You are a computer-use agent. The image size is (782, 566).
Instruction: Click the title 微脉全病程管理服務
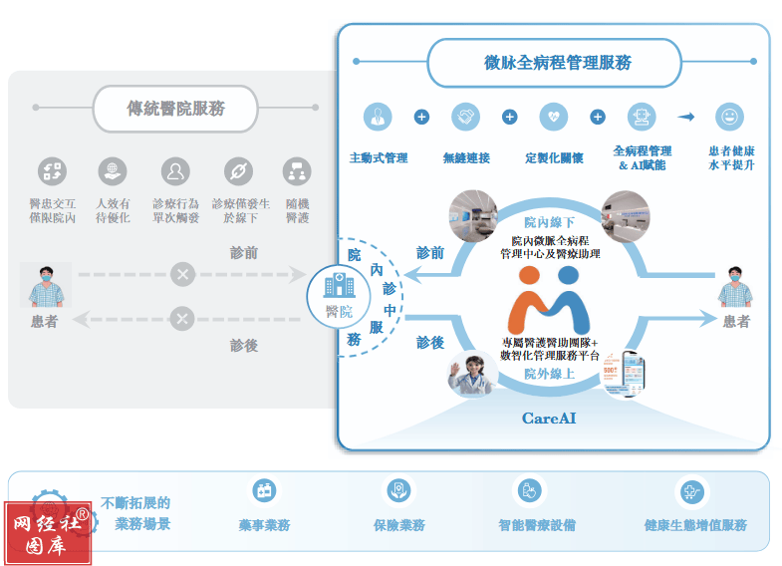(x=551, y=63)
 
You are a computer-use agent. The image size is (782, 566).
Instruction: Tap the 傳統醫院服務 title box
(x=175, y=108)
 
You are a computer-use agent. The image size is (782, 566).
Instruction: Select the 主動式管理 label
(x=379, y=157)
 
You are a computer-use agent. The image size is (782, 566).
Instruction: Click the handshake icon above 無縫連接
(x=465, y=117)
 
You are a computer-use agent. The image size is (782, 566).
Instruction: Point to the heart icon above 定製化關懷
(x=553, y=117)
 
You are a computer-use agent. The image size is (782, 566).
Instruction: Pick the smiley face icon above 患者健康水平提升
(x=730, y=117)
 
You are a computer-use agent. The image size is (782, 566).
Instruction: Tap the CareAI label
(x=549, y=419)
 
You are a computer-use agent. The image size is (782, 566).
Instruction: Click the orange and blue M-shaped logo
(x=549, y=299)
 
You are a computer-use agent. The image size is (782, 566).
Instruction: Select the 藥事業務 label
(x=264, y=524)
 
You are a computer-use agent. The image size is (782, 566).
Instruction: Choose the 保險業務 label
(x=398, y=524)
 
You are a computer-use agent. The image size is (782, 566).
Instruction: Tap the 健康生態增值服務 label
(x=695, y=524)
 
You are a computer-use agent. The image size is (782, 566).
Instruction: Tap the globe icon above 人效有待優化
(x=113, y=171)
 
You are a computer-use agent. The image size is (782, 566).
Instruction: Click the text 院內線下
(x=549, y=221)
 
